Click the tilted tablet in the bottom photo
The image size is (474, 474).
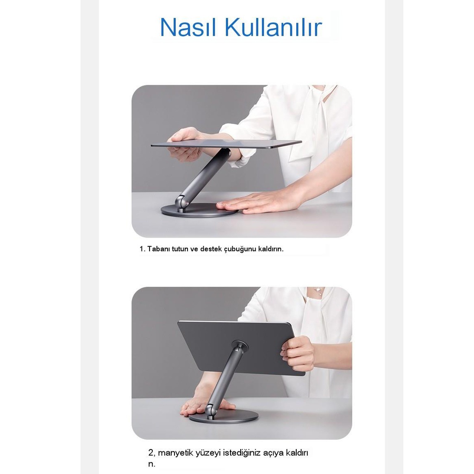pos(208,345)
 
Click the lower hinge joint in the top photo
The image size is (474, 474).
pos(181,202)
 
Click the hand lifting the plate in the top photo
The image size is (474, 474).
pos(185,144)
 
